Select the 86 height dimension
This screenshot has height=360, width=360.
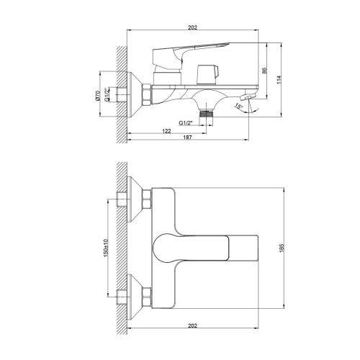[264, 72]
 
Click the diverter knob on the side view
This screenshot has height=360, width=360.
[210, 73]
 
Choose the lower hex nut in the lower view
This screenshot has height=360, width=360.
[147, 294]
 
